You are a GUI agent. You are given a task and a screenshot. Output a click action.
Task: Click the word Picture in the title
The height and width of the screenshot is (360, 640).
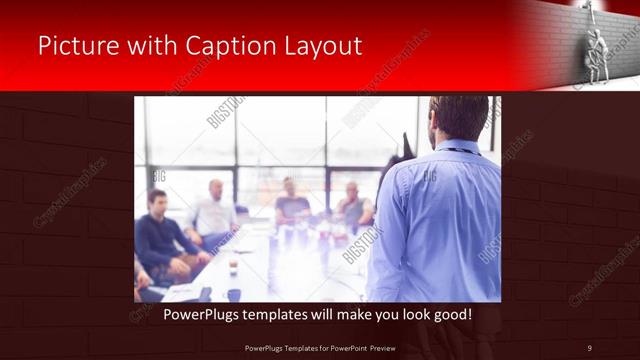click(77, 46)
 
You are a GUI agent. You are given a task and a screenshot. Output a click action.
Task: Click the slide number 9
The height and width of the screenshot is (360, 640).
click(589, 347)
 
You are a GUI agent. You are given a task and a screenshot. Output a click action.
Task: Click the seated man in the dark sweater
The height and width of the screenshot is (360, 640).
click(159, 235)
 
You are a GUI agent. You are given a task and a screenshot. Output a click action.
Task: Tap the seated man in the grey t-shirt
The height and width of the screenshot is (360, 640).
click(291, 205)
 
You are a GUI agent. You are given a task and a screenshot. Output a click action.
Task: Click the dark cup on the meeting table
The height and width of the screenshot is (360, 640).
click(233, 268)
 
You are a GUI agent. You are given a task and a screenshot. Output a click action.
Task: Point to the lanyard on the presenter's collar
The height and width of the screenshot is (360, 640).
click(460, 150)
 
